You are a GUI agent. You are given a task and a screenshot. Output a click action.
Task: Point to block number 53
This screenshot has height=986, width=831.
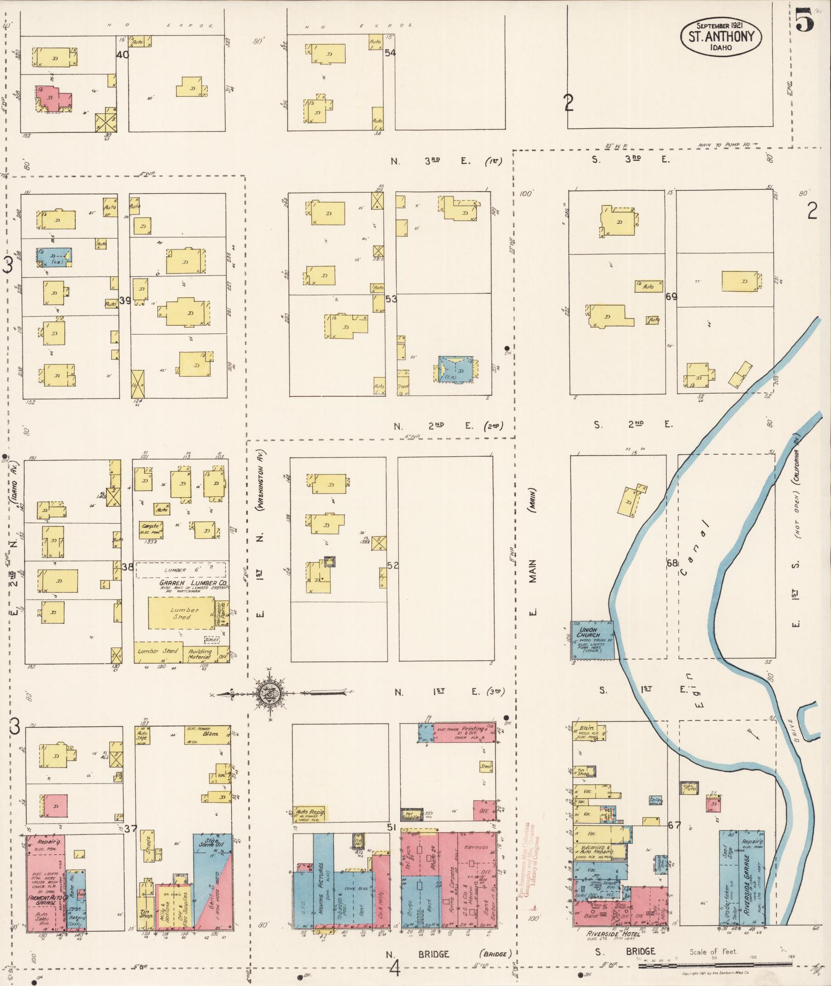391,298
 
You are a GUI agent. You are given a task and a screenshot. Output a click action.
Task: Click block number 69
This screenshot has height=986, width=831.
671,296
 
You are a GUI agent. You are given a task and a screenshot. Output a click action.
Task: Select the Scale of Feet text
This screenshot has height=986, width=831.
714,951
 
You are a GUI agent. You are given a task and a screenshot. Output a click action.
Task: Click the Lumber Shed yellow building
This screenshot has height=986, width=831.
181,613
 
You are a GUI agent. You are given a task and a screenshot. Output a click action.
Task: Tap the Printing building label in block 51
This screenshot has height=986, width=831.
472,729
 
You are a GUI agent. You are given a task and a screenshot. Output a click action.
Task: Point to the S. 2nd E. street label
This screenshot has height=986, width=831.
632,424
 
